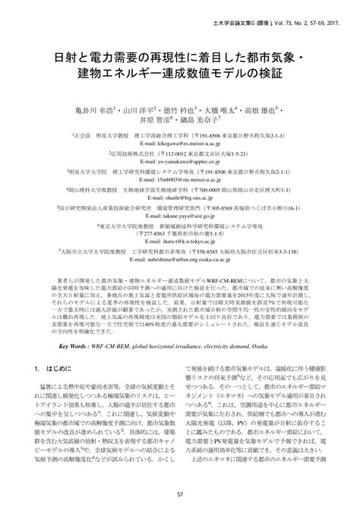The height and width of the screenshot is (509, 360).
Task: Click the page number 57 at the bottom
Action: point(180,495)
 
